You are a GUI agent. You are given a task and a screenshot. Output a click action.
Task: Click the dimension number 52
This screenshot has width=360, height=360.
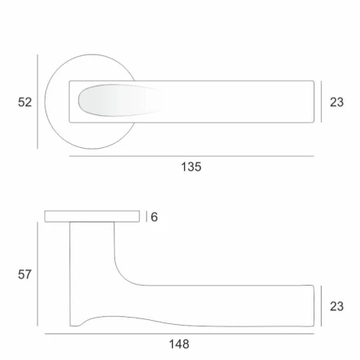pos(25,102)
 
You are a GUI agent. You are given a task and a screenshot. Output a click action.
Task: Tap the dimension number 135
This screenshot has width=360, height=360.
pos(191,167)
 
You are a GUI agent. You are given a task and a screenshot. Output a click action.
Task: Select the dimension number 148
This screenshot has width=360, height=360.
pos(179,344)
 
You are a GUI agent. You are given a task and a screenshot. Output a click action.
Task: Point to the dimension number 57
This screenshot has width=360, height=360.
pos(25,274)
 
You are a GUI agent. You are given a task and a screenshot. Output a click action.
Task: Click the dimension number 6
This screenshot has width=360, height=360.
pos(154,217)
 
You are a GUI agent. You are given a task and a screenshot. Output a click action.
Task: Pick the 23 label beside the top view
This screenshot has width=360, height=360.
pos(337,102)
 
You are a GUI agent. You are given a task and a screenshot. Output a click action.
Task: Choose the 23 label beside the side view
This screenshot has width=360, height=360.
pos(337,306)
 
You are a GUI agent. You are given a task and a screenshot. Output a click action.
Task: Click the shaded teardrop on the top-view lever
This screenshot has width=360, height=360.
pos(121,101)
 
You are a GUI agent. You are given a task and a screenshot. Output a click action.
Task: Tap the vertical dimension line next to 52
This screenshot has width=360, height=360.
pos(38,102)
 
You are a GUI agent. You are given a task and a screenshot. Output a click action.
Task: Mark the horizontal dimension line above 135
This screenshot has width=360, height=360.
pos(191,156)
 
